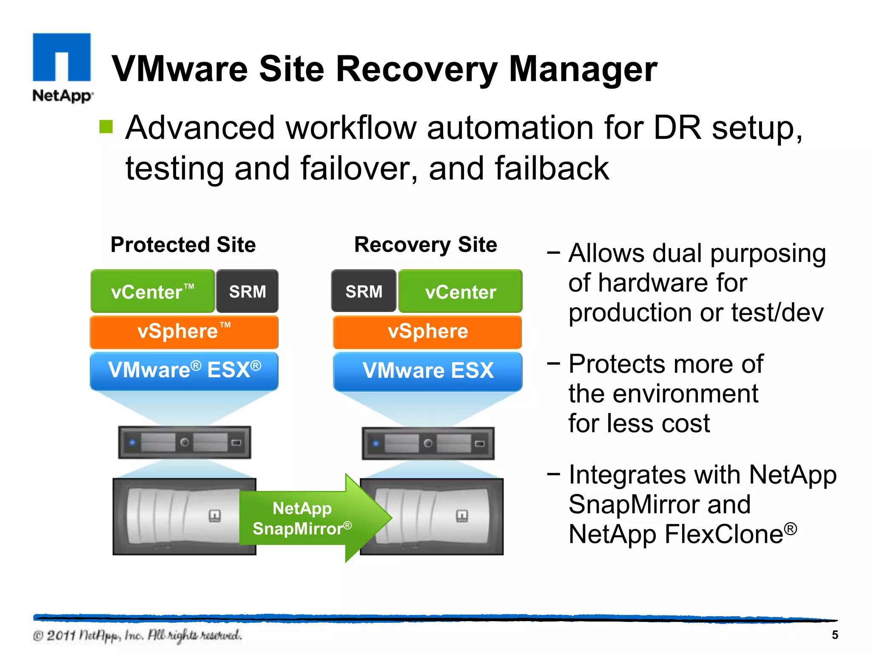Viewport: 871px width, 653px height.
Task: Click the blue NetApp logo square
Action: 62,57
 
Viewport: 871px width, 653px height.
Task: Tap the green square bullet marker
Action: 106,127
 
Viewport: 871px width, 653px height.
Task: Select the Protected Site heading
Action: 183,245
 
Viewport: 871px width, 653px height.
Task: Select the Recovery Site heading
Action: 426,245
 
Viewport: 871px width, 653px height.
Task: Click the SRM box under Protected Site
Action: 247,292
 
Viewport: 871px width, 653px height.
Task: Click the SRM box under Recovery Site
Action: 364,292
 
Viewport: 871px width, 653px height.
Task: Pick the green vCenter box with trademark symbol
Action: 152,292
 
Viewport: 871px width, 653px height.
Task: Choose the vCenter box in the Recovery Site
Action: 460,292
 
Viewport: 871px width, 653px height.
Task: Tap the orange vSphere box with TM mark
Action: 184,332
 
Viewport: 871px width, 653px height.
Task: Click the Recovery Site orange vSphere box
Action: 427,332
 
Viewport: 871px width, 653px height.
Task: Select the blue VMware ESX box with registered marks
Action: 184,370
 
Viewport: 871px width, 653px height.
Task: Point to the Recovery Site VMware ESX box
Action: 427,370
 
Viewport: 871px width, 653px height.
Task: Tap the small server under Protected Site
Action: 184,443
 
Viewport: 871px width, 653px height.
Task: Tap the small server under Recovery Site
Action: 428,443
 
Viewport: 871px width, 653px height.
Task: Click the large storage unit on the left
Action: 179,517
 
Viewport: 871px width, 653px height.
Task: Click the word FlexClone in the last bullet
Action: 723,534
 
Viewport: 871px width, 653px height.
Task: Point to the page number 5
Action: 835,635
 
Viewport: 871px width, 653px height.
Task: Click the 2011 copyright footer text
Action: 137,636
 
